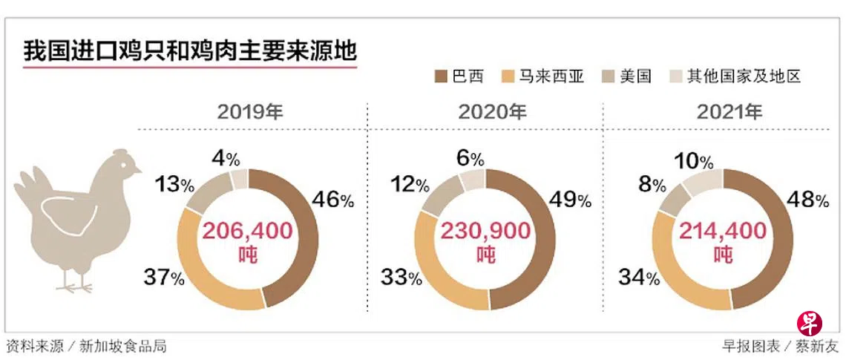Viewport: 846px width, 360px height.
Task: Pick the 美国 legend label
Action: (x=636, y=76)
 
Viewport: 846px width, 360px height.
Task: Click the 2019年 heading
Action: (x=250, y=112)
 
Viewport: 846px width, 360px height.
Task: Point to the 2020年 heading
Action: (x=492, y=112)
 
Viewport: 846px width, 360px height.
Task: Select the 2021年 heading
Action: (x=729, y=112)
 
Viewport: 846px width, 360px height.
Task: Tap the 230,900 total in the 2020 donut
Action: (x=486, y=231)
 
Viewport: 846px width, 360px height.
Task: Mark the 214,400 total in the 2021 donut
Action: (x=724, y=231)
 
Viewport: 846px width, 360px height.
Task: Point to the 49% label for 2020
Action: (x=572, y=199)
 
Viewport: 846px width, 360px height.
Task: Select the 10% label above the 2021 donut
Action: (x=695, y=161)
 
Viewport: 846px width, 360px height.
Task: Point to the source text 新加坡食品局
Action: (x=134, y=346)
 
